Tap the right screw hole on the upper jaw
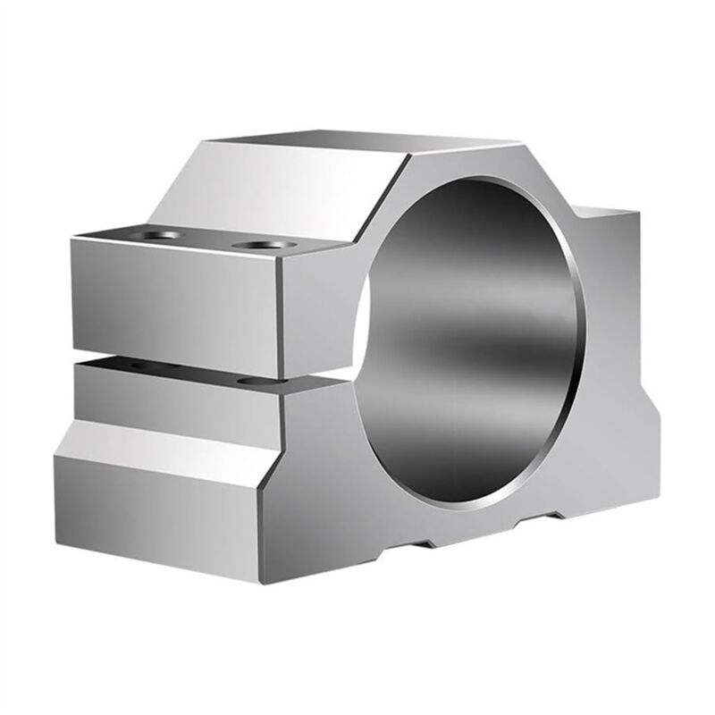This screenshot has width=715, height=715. click(259, 243)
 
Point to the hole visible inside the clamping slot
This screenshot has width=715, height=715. click(253, 382)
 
